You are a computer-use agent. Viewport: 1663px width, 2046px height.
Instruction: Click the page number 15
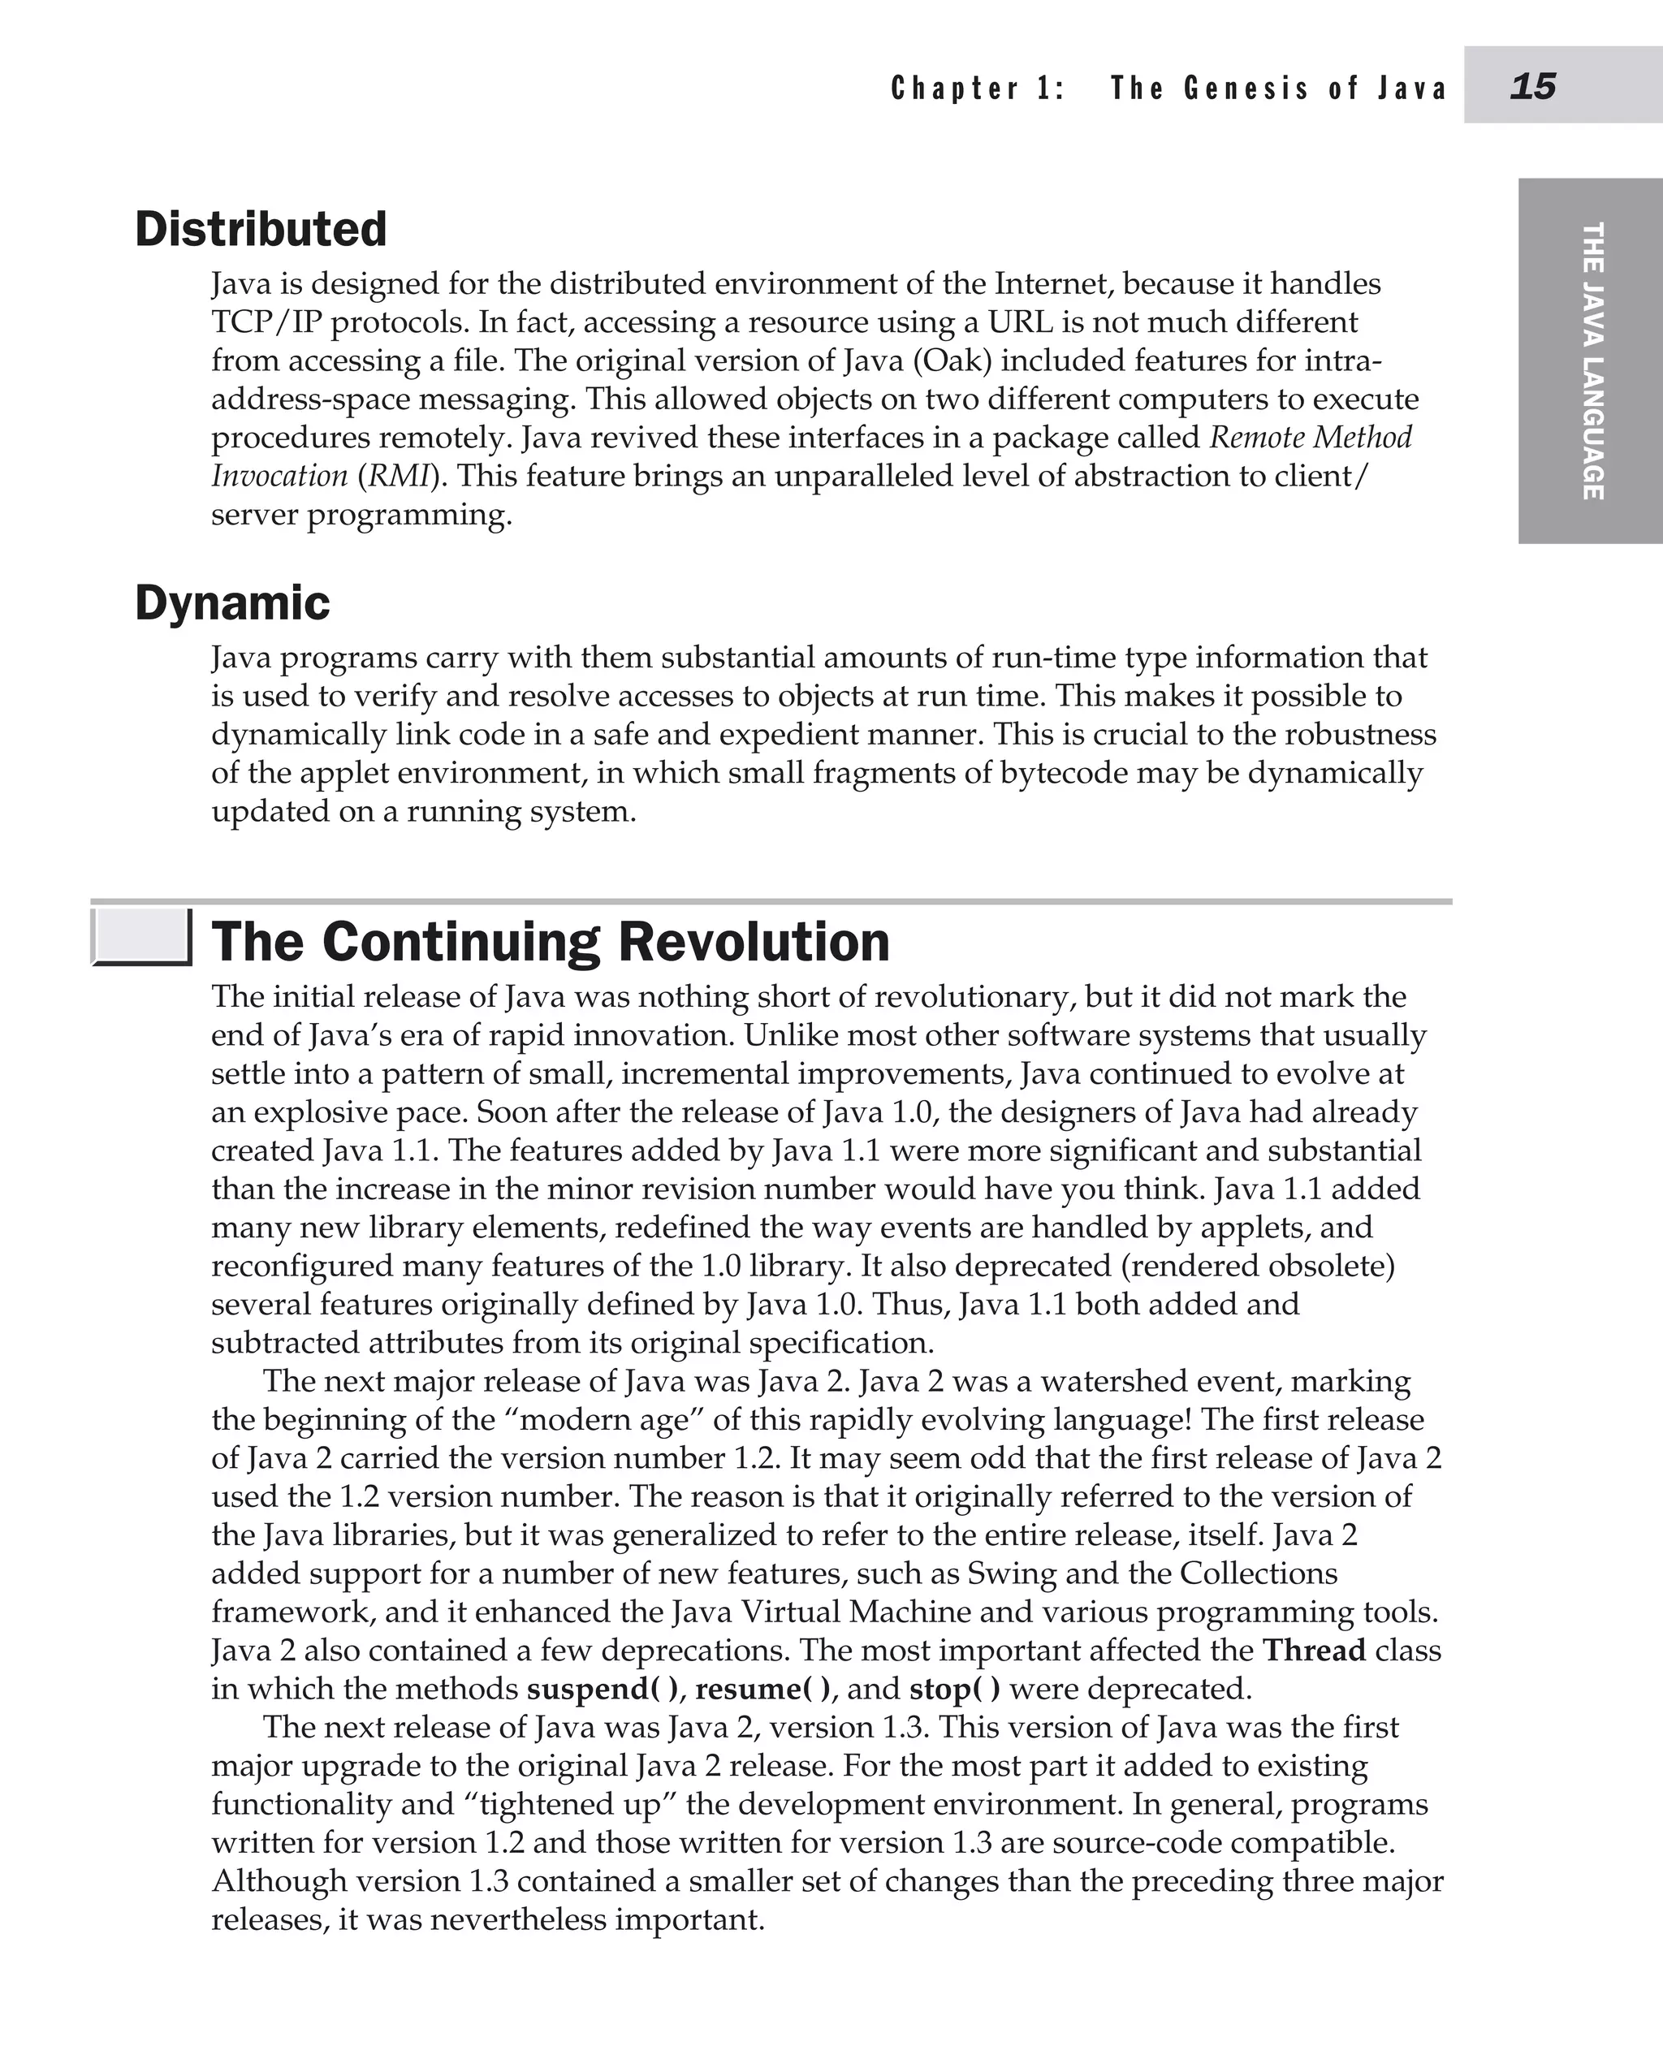coord(1533,86)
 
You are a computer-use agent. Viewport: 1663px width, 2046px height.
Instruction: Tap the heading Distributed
coord(261,229)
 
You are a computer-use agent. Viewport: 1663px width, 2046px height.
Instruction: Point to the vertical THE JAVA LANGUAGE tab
coord(1592,360)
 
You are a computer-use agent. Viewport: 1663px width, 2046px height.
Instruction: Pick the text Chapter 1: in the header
coord(977,89)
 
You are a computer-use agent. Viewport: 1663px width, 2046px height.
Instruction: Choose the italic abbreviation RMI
coord(395,476)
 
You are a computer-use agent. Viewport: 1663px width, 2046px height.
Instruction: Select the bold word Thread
coord(1313,1651)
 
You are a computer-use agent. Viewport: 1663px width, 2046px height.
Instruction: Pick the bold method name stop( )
coord(954,1689)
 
